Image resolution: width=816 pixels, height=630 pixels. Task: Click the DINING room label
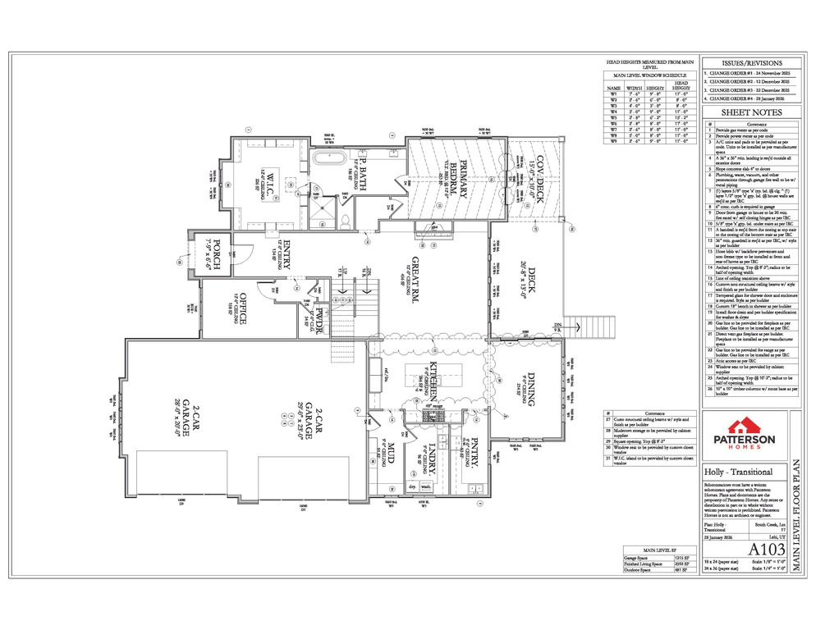click(x=531, y=389)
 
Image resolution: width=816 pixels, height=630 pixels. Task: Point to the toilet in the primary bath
click(x=346, y=220)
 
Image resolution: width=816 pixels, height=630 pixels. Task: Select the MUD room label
click(x=386, y=453)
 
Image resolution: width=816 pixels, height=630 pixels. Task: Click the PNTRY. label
click(x=474, y=453)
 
